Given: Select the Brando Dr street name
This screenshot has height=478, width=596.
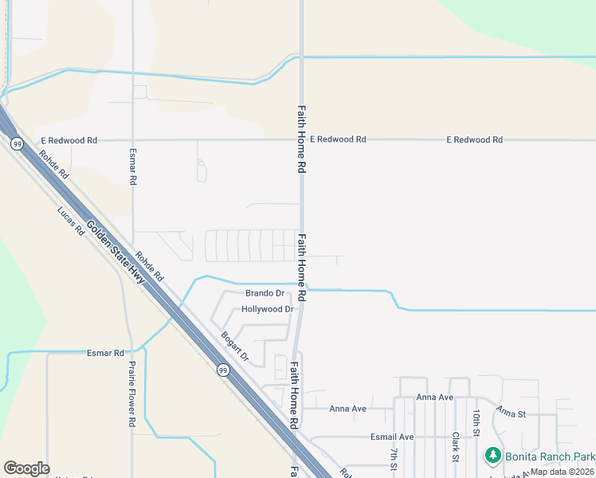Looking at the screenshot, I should [265, 294].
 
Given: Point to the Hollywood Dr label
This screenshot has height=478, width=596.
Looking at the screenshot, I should [267, 309].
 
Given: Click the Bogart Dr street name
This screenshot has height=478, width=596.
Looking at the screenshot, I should [235, 347].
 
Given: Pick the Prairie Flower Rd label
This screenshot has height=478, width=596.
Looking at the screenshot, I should [132, 395].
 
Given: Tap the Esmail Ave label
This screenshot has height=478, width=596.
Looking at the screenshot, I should [392, 437].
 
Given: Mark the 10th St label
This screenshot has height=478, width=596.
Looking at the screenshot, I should [476, 422].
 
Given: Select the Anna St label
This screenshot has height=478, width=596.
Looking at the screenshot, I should [512, 413].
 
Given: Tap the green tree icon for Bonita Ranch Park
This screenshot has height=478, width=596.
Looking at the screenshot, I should [493, 456].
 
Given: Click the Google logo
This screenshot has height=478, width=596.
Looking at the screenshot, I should [26, 468].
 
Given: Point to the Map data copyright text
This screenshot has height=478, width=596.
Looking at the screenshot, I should [563, 472].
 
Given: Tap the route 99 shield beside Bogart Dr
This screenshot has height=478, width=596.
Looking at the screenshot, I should [224, 370].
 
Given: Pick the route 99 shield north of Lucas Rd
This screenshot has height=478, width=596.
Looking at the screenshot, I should [16, 143].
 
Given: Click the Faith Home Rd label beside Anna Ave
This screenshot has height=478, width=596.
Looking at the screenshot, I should [294, 394].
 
